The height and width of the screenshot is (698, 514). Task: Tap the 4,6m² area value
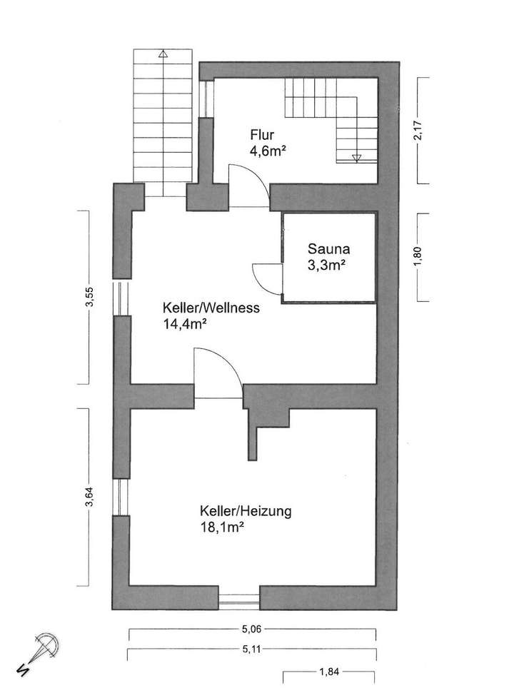268,151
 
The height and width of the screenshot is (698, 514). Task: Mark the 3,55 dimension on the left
89,298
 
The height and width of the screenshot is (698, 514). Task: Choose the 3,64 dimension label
89,496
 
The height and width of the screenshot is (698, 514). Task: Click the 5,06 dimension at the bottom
253,630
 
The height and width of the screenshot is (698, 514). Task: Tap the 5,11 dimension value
253,649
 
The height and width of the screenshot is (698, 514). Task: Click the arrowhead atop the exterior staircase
163,53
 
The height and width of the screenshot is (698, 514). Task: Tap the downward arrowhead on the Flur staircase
357,158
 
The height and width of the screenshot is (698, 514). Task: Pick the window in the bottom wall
239,600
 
